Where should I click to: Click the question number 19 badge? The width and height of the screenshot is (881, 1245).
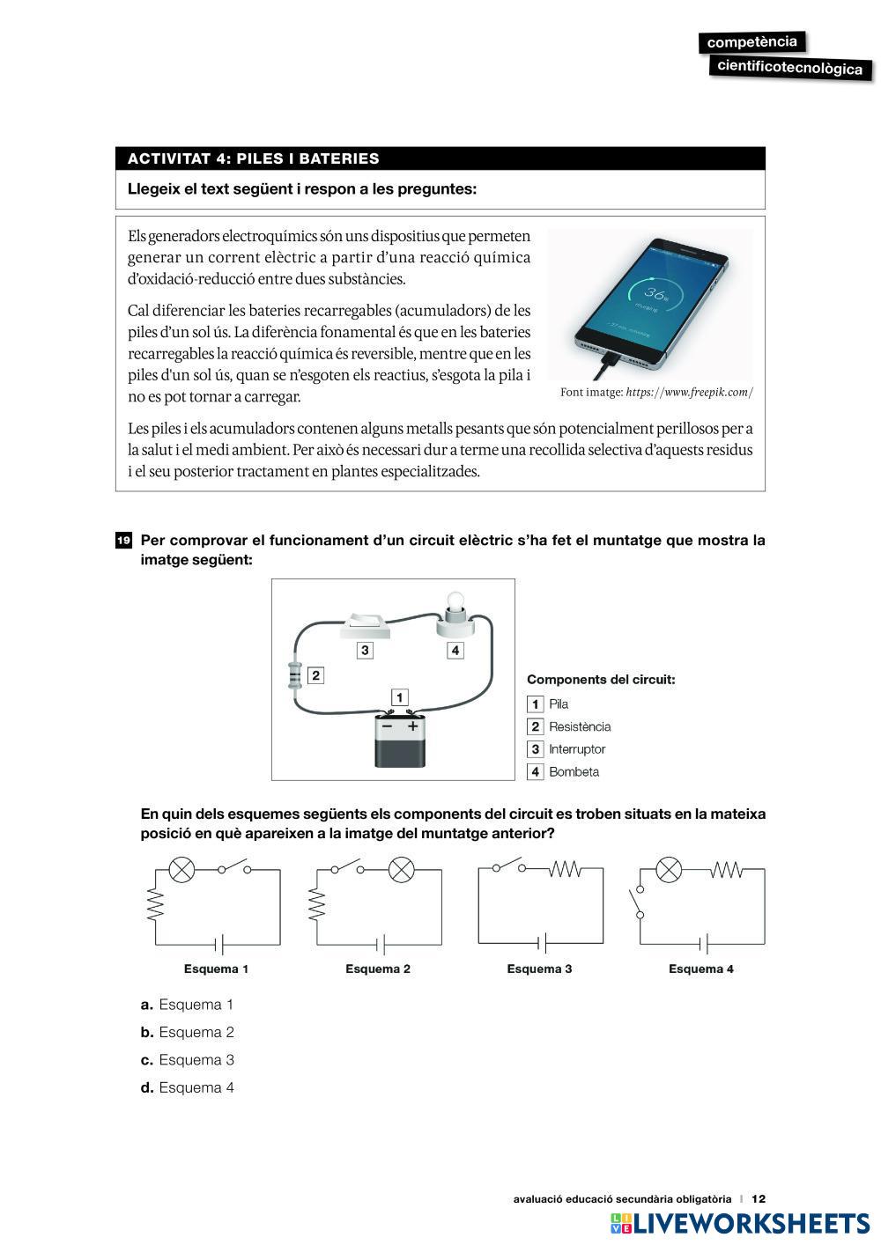(x=123, y=540)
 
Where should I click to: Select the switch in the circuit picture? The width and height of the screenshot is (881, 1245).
(x=366, y=624)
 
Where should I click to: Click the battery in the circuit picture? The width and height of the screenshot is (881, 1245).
(x=400, y=740)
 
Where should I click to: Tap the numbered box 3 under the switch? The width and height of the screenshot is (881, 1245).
(x=365, y=651)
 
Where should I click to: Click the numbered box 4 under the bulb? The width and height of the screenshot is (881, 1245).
(x=455, y=651)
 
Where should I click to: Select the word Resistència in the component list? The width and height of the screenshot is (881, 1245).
(x=580, y=726)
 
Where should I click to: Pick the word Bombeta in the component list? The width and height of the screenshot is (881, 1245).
(x=574, y=772)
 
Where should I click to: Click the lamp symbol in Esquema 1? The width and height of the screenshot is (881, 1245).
(x=181, y=870)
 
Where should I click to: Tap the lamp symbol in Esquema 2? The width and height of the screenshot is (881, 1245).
(x=402, y=870)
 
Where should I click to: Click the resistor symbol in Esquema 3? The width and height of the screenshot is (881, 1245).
(x=564, y=870)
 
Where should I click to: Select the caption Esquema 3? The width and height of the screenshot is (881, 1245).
(x=539, y=969)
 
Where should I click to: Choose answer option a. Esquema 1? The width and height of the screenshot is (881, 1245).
(x=187, y=1005)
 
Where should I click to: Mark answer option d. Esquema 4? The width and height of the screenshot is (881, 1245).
(x=187, y=1087)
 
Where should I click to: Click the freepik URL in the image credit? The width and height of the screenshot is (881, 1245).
(x=689, y=393)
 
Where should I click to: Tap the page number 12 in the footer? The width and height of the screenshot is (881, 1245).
(x=759, y=1198)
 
